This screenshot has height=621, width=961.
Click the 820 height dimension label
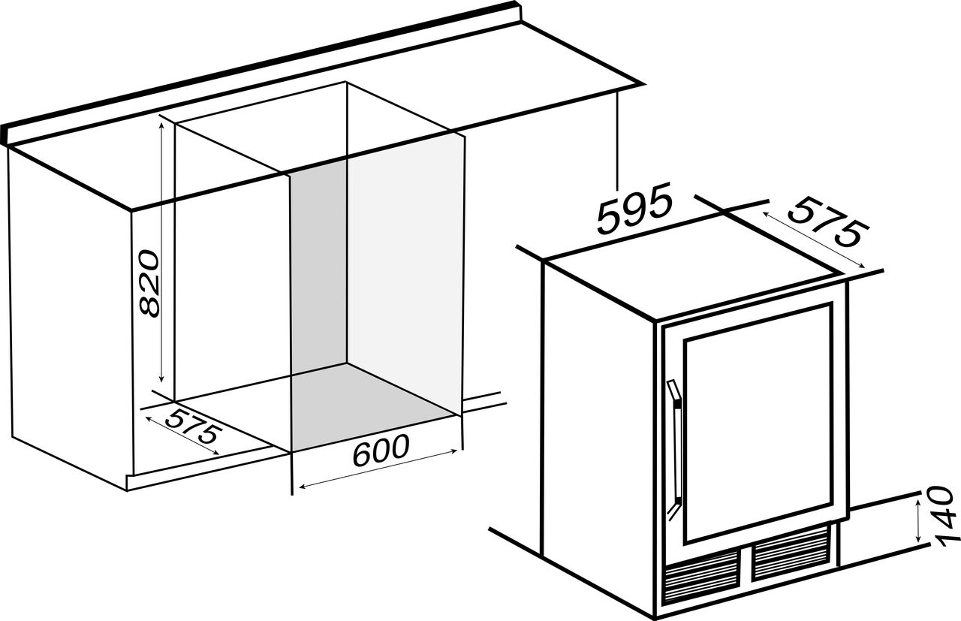149,283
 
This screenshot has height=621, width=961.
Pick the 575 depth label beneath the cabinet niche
194,427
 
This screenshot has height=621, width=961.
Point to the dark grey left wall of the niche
318,270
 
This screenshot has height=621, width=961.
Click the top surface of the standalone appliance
691,266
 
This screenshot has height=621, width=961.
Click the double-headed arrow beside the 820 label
161,252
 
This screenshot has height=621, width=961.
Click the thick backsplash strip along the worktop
261,71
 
